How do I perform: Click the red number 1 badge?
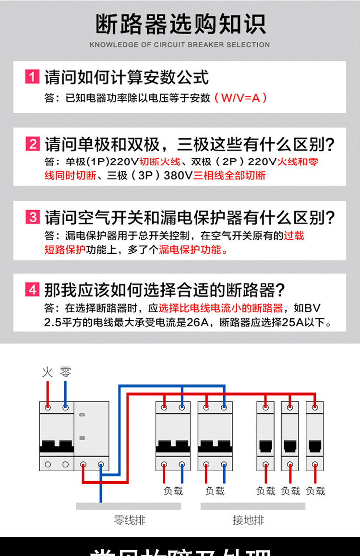coord(32,77)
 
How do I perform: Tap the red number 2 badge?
coord(32,144)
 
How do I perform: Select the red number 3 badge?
coord(32,217)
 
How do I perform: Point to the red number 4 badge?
coord(32,290)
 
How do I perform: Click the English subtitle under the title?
coord(180,45)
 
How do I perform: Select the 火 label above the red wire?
coord(47,372)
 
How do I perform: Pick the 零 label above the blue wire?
coord(66,372)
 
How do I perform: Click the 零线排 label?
coord(129,520)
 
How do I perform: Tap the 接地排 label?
coord(248,520)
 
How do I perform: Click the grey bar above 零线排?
coord(128,506)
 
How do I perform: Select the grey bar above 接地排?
coord(252,506)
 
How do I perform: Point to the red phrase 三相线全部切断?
coord(229,175)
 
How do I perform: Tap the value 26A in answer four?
coord(198,322)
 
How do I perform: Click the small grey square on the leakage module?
coord(82,438)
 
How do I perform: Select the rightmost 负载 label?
coord(315,491)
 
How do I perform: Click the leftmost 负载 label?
coord(173,491)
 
